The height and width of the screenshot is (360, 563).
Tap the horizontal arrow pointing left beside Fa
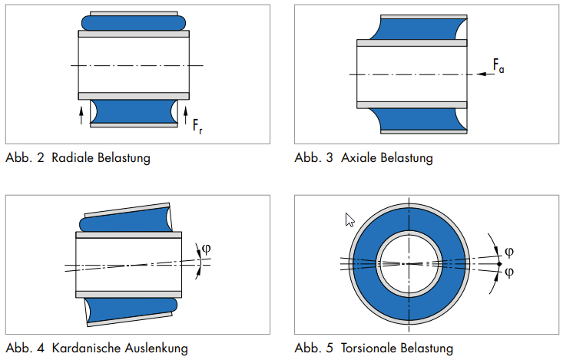pos(483,74)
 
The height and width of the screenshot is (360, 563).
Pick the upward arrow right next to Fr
pos(185,115)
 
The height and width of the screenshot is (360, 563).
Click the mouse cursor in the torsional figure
pos(349,220)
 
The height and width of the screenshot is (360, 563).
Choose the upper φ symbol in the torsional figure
pos(509,251)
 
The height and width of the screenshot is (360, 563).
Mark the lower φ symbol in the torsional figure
pos(509,272)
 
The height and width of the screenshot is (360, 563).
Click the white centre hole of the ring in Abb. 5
pos(409,263)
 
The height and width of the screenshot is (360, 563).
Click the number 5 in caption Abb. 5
pos(329,348)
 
